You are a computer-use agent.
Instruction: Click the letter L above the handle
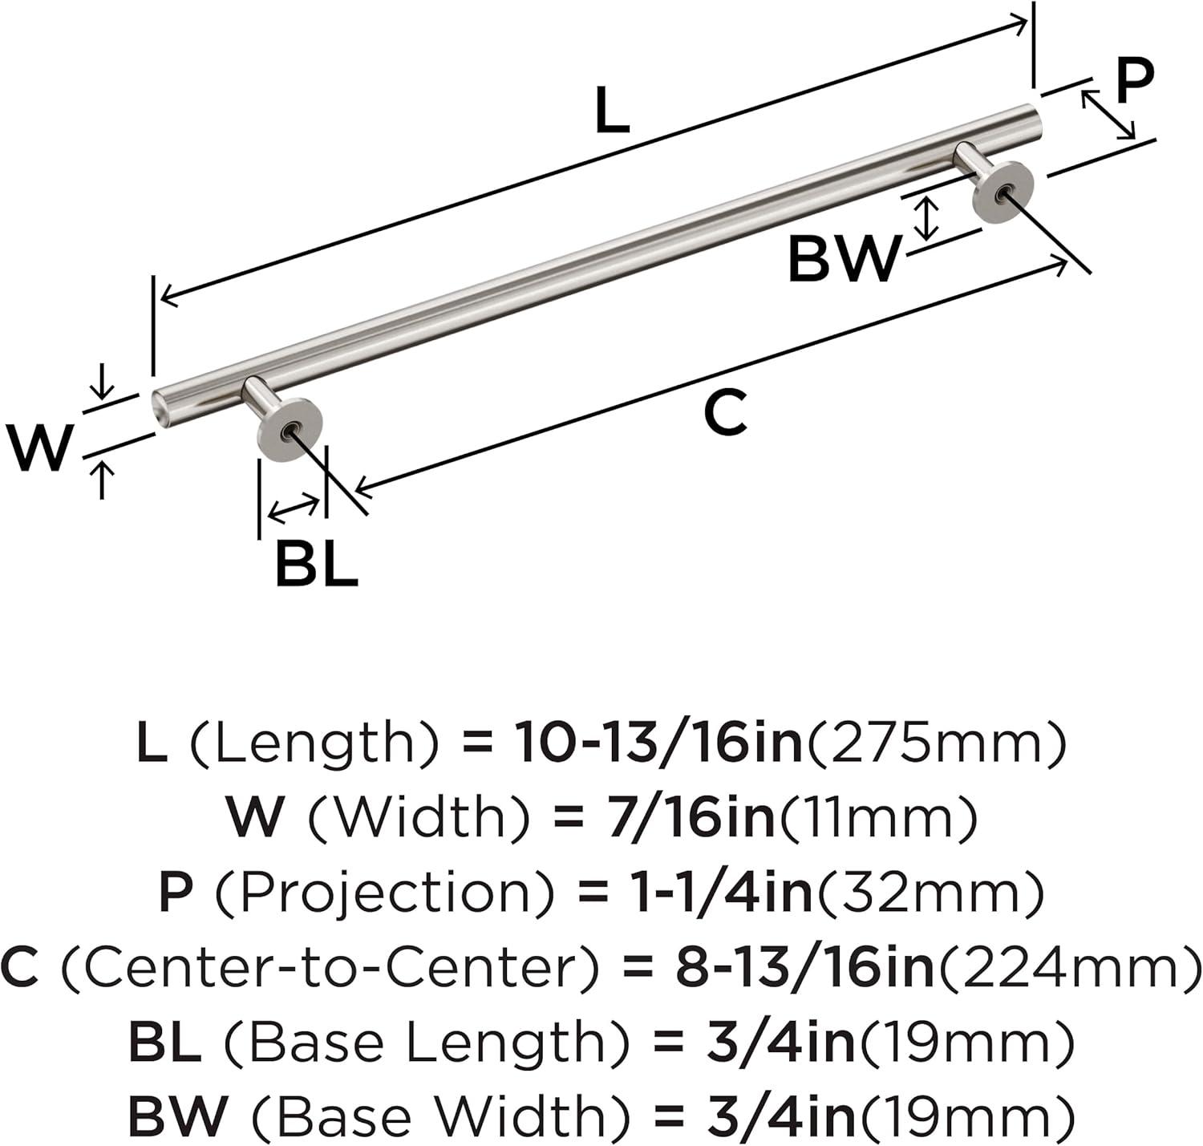pyautogui.click(x=613, y=110)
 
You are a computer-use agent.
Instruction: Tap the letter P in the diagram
pyautogui.click(x=1135, y=81)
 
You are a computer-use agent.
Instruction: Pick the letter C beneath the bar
pyautogui.click(x=726, y=413)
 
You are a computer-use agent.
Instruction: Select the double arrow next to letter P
pyautogui.click(x=1108, y=115)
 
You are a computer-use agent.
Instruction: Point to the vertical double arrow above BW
pyautogui.click(x=929, y=218)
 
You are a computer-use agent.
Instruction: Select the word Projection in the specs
pyautogui.click(x=385, y=894)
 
